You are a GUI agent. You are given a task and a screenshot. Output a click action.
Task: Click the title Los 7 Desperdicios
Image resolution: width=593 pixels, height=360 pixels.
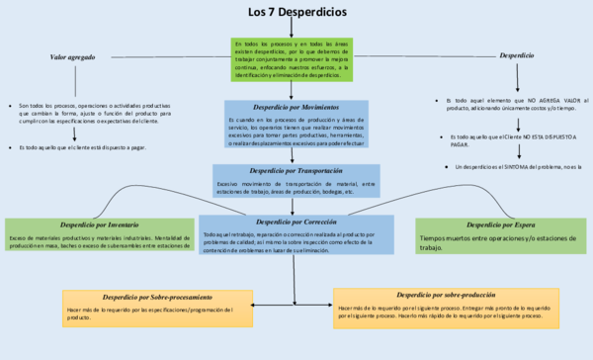click(x=296, y=12)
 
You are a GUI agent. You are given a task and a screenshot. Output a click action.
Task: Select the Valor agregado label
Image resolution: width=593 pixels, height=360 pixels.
click(x=73, y=57)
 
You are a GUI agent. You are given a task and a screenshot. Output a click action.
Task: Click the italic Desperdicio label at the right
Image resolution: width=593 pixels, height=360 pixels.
click(x=518, y=56)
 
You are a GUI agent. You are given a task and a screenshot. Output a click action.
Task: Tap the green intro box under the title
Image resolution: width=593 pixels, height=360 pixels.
click(x=292, y=59)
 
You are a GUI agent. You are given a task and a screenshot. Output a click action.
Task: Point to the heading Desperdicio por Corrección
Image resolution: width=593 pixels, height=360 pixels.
click(x=296, y=221)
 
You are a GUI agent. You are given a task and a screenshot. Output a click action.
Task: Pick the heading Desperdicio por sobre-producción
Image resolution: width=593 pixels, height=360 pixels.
click(x=443, y=295)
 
